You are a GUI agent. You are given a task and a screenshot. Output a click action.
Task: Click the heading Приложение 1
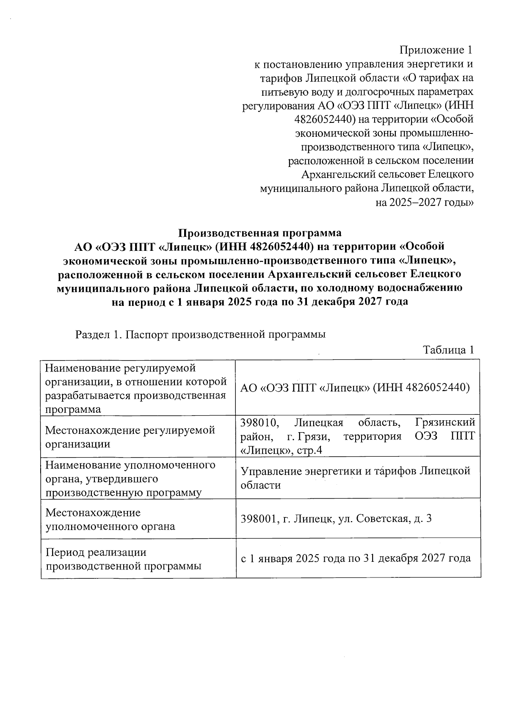(x=436, y=50)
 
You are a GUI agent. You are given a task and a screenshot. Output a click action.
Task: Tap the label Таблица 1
(x=448, y=350)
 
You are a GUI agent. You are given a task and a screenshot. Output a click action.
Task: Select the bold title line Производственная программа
(x=260, y=233)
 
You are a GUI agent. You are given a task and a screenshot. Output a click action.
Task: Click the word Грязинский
(x=445, y=422)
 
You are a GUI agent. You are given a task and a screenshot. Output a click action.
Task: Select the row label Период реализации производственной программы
(x=123, y=559)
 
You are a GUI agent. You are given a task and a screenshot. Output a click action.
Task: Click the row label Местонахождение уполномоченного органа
(x=110, y=519)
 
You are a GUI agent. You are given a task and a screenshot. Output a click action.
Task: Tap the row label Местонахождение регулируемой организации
(x=130, y=437)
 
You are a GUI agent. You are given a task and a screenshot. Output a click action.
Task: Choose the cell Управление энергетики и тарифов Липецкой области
(x=356, y=478)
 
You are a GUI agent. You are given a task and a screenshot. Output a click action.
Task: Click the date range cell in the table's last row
(x=356, y=558)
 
